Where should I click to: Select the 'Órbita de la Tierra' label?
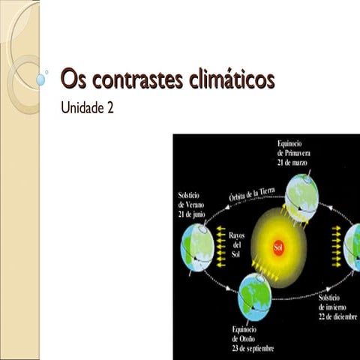254,196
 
